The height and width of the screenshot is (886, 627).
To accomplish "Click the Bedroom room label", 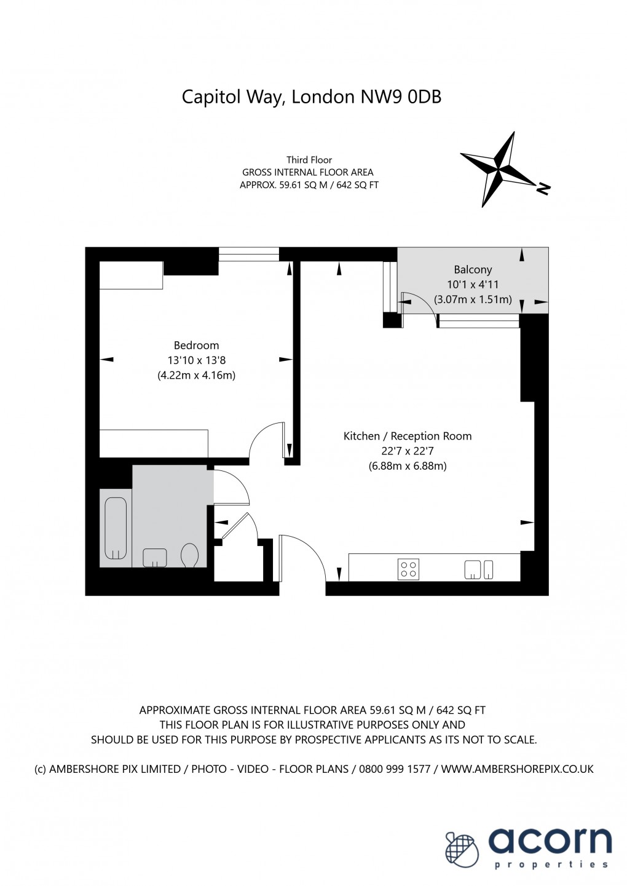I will [x=196, y=346].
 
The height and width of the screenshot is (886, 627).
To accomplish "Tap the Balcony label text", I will [x=473, y=269].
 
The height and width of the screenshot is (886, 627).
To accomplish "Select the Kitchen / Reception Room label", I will [x=407, y=436].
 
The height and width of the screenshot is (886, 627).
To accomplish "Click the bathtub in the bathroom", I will [x=116, y=528].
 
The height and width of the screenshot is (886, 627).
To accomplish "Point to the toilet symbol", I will [x=190, y=555].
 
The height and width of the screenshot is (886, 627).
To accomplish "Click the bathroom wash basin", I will [x=155, y=558].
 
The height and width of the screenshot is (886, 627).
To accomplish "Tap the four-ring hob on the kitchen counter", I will [x=409, y=569].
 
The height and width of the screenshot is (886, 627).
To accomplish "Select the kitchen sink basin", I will [x=473, y=569].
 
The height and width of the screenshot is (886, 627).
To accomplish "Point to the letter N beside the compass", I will [x=543, y=188].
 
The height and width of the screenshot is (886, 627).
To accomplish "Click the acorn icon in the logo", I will [x=462, y=849].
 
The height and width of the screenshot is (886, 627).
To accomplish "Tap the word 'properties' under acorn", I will [x=551, y=864].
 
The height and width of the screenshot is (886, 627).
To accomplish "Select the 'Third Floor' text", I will [x=309, y=160].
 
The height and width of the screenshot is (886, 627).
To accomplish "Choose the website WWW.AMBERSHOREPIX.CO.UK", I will [x=517, y=769].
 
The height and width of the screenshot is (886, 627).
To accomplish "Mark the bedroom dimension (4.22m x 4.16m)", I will [x=196, y=375].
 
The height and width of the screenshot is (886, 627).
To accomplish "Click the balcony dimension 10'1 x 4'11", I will [x=473, y=285].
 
